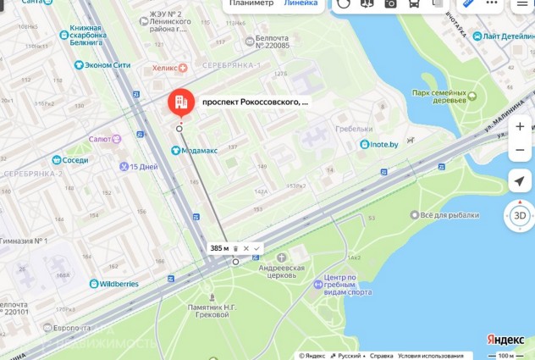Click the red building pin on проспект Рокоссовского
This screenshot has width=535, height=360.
pyautogui.click(x=180, y=103)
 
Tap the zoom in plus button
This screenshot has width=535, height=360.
pyautogui.click(x=519, y=126)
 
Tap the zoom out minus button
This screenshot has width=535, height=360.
pyautogui.click(x=519, y=151)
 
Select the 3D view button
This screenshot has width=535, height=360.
pyautogui.click(x=519, y=216)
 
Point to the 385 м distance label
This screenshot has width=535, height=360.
pyautogui.click(x=219, y=248)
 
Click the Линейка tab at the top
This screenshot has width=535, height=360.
pyautogui.click(x=301, y=3)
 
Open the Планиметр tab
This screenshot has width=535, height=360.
pyautogui.click(x=251, y=3)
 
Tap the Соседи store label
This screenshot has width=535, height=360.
pyautogui.click(x=74, y=159)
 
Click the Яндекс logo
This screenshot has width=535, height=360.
pyautogui.click(x=505, y=340)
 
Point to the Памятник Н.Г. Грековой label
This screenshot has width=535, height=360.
pyautogui.click(x=196, y=309)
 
